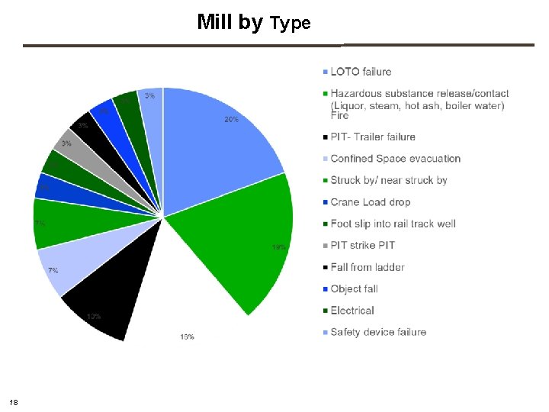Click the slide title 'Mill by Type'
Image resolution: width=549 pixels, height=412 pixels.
coord(253,22)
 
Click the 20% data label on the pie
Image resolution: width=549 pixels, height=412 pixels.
coord(231,120)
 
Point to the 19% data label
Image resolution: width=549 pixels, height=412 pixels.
coord(279,247)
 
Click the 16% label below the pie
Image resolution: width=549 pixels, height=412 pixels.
coord(187,336)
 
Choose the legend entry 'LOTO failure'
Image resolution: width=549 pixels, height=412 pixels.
coord(361,72)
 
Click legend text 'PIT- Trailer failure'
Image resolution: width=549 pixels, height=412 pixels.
coord(373,137)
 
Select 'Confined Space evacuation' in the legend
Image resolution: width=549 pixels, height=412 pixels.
coord(395,159)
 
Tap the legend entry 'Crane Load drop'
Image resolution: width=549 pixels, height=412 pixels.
coord(370,202)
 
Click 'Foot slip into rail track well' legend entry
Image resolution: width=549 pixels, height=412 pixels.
coord(393,224)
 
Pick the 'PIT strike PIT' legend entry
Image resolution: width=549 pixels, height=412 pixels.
coord(362,245)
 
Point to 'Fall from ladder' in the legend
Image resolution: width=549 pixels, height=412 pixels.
coord(367,267)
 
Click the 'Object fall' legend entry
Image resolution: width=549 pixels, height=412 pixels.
coord(354,289)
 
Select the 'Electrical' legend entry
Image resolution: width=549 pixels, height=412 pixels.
coord(352,311)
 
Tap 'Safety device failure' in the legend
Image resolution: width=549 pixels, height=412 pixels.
coord(377,332)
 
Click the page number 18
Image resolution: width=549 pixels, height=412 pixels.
coord(13,401)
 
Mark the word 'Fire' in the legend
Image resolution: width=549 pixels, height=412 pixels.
coord(340,116)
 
